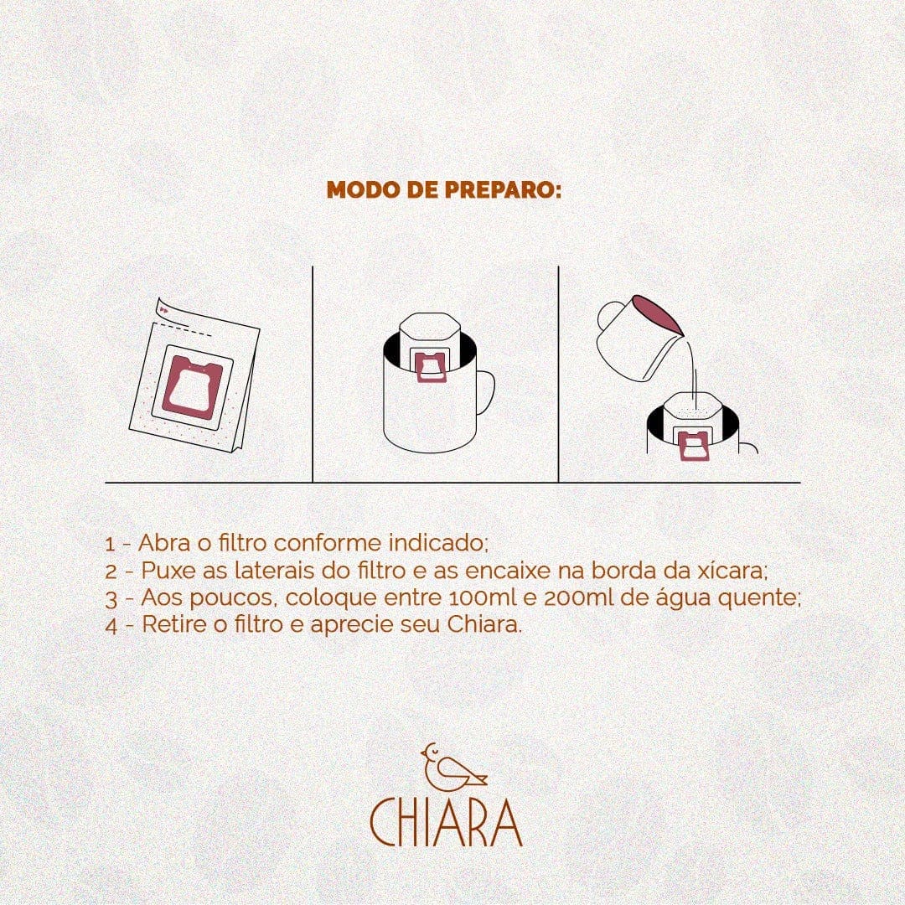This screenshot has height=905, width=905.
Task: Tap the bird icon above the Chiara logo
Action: click(x=453, y=767)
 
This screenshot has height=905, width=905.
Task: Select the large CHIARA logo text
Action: click(x=446, y=823)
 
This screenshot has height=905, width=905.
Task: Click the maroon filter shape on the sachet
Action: click(x=191, y=386)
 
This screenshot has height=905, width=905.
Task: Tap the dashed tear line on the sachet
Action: click(x=184, y=328)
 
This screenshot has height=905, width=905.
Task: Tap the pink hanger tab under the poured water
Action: click(x=695, y=446)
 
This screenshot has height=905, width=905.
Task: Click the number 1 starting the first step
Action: click(x=111, y=544)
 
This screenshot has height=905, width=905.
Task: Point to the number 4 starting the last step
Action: click(x=111, y=626)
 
